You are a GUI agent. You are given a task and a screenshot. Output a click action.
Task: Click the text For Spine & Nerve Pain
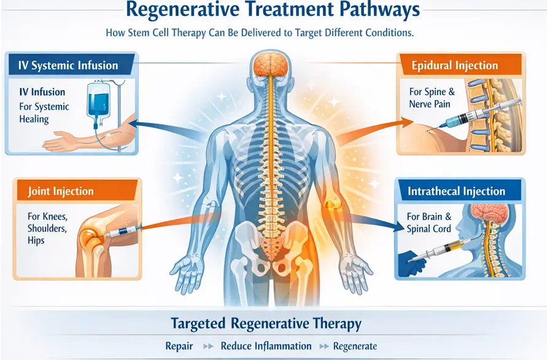pyautogui.click(x=432, y=98)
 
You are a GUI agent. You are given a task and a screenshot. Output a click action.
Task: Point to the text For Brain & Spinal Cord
pyautogui.click(x=429, y=222)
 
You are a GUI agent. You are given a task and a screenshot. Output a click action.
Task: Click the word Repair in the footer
pyautogui.click(x=179, y=346)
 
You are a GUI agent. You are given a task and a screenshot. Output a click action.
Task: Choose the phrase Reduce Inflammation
pyautogui.click(x=266, y=346)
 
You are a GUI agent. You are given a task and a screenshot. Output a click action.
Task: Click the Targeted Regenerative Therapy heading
pyautogui.click(x=265, y=323)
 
